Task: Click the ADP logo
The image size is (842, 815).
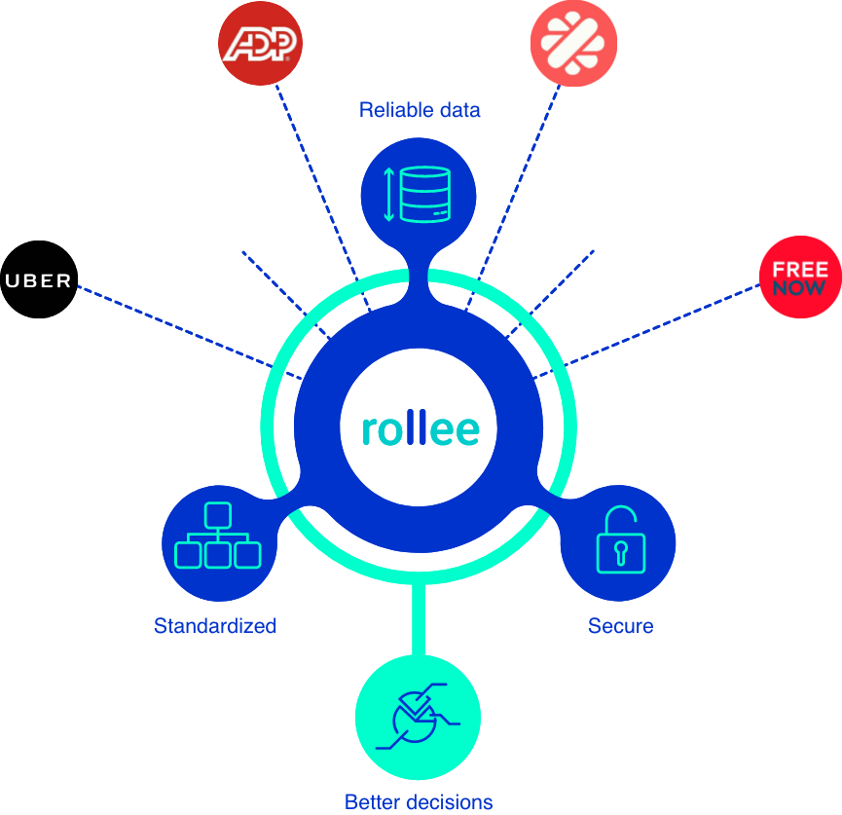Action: click(260, 45)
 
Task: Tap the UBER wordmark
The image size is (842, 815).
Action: click(39, 281)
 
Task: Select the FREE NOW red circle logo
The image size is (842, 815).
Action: click(800, 277)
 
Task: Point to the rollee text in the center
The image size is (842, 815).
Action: click(421, 428)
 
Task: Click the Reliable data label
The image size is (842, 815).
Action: click(420, 110)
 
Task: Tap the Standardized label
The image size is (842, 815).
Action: click(215, 625)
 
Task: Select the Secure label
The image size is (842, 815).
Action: click(620, 625)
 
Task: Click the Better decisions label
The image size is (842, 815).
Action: click(419, 802)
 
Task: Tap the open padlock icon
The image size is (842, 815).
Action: click(619, 541)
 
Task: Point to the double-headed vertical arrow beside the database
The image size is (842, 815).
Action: click(388, 194)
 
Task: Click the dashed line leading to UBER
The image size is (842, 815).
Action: click(175, 326)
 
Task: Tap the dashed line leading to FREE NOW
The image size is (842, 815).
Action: click(662, 325)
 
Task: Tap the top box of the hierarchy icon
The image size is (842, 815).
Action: click(218, 513)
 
